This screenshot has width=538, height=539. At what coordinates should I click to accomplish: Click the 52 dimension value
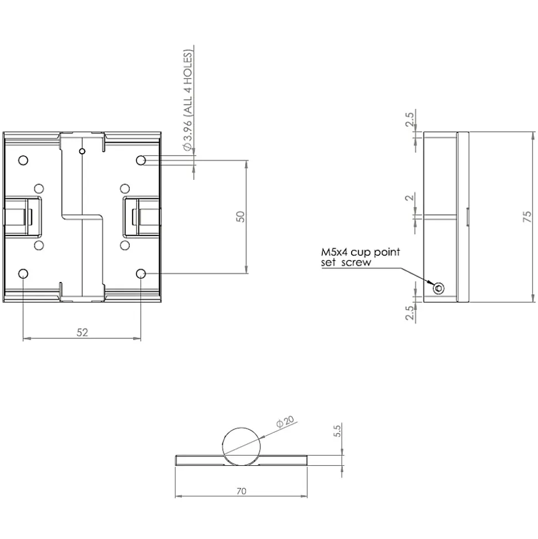click(82, 333)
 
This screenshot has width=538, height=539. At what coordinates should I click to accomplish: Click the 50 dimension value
click(241, 216)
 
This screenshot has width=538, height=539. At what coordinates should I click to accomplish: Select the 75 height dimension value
click(527, 216)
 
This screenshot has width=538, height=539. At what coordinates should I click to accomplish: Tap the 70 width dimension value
click(241, 491)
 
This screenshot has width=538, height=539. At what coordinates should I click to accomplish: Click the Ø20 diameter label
click(285, 421)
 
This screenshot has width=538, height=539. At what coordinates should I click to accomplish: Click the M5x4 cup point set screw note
click(361, 257)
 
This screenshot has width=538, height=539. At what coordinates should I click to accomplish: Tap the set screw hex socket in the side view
click(438, 288)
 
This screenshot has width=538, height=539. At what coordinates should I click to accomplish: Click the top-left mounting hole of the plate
click(23, 160)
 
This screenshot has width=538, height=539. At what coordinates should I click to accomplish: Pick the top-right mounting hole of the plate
click(141, 160)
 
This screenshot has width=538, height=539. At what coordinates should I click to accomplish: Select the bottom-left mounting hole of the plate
click(23, 274)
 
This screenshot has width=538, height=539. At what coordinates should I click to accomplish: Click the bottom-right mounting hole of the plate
click(141, 274)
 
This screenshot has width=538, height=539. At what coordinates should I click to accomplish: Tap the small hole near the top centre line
click(82, 151)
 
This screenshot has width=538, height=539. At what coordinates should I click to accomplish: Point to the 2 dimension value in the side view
click(410, 198)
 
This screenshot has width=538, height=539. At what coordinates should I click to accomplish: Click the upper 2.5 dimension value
click(410, 119)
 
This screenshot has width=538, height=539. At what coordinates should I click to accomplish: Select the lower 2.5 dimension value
click(410, 313)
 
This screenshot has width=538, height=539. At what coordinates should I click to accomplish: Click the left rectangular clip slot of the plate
click(22, 216)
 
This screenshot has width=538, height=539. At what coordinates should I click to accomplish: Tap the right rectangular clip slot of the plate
click(142, 216)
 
